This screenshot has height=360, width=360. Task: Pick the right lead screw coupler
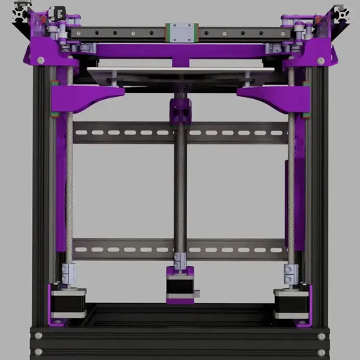(x=290, y=274)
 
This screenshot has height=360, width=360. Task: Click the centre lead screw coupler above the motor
(x=181, y=260)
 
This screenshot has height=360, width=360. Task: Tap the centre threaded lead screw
(x=180, y=188)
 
